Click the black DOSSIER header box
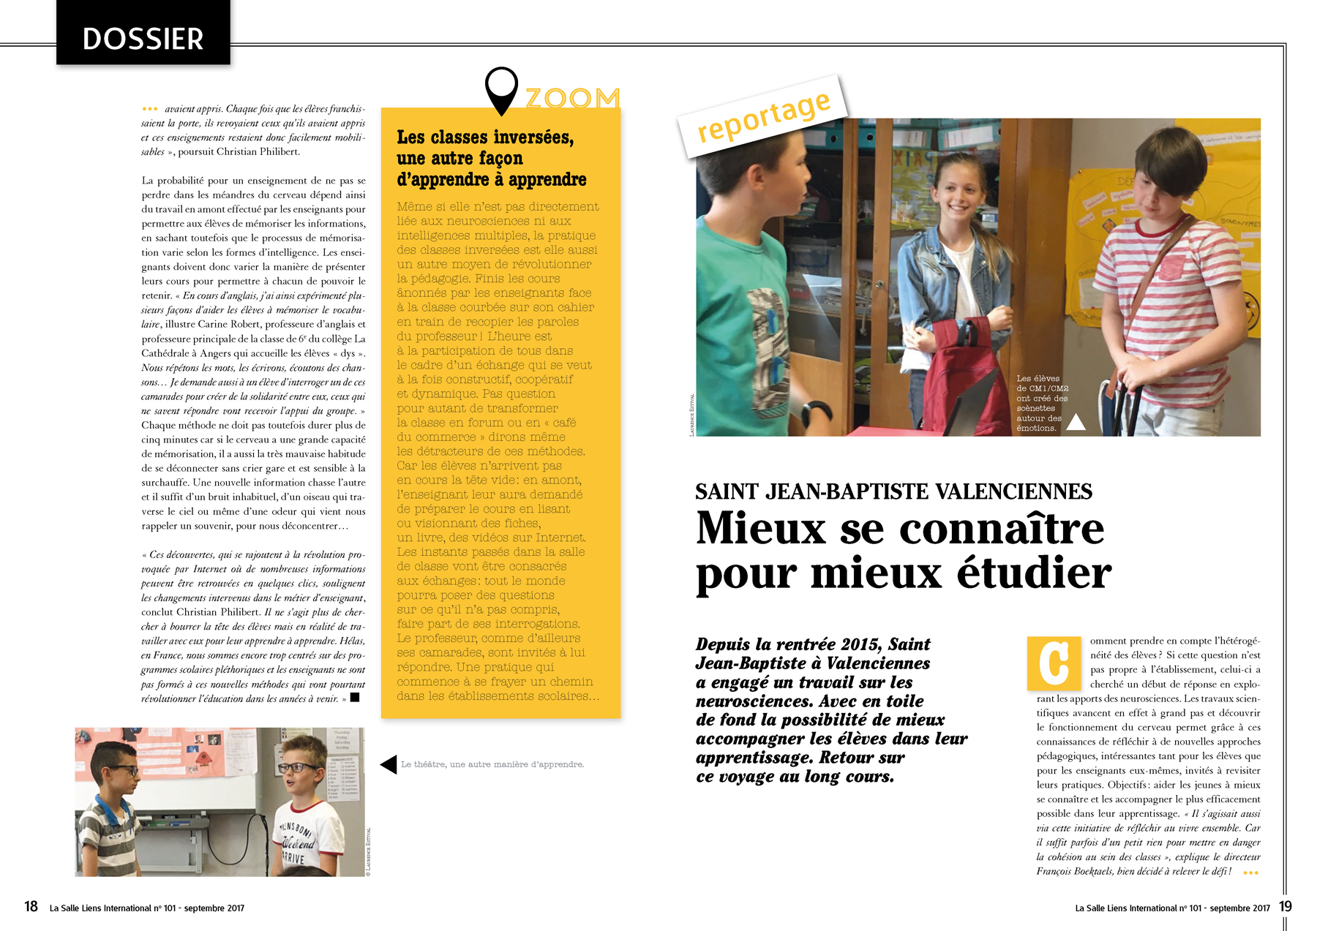click(x=143, y=34)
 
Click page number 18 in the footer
click(x=31, y=907)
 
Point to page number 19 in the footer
click(x=1286, y=907)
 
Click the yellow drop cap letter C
click(x=1054, y=663)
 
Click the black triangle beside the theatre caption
click(x=389, y=764)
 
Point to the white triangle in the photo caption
click(x=1076, y=422)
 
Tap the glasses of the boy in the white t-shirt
click(x=301, y=768)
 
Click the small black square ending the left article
click(x=355, y=698)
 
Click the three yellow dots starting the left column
click(x=149, y=109)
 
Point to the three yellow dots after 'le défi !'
click(x=1250, y=872)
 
